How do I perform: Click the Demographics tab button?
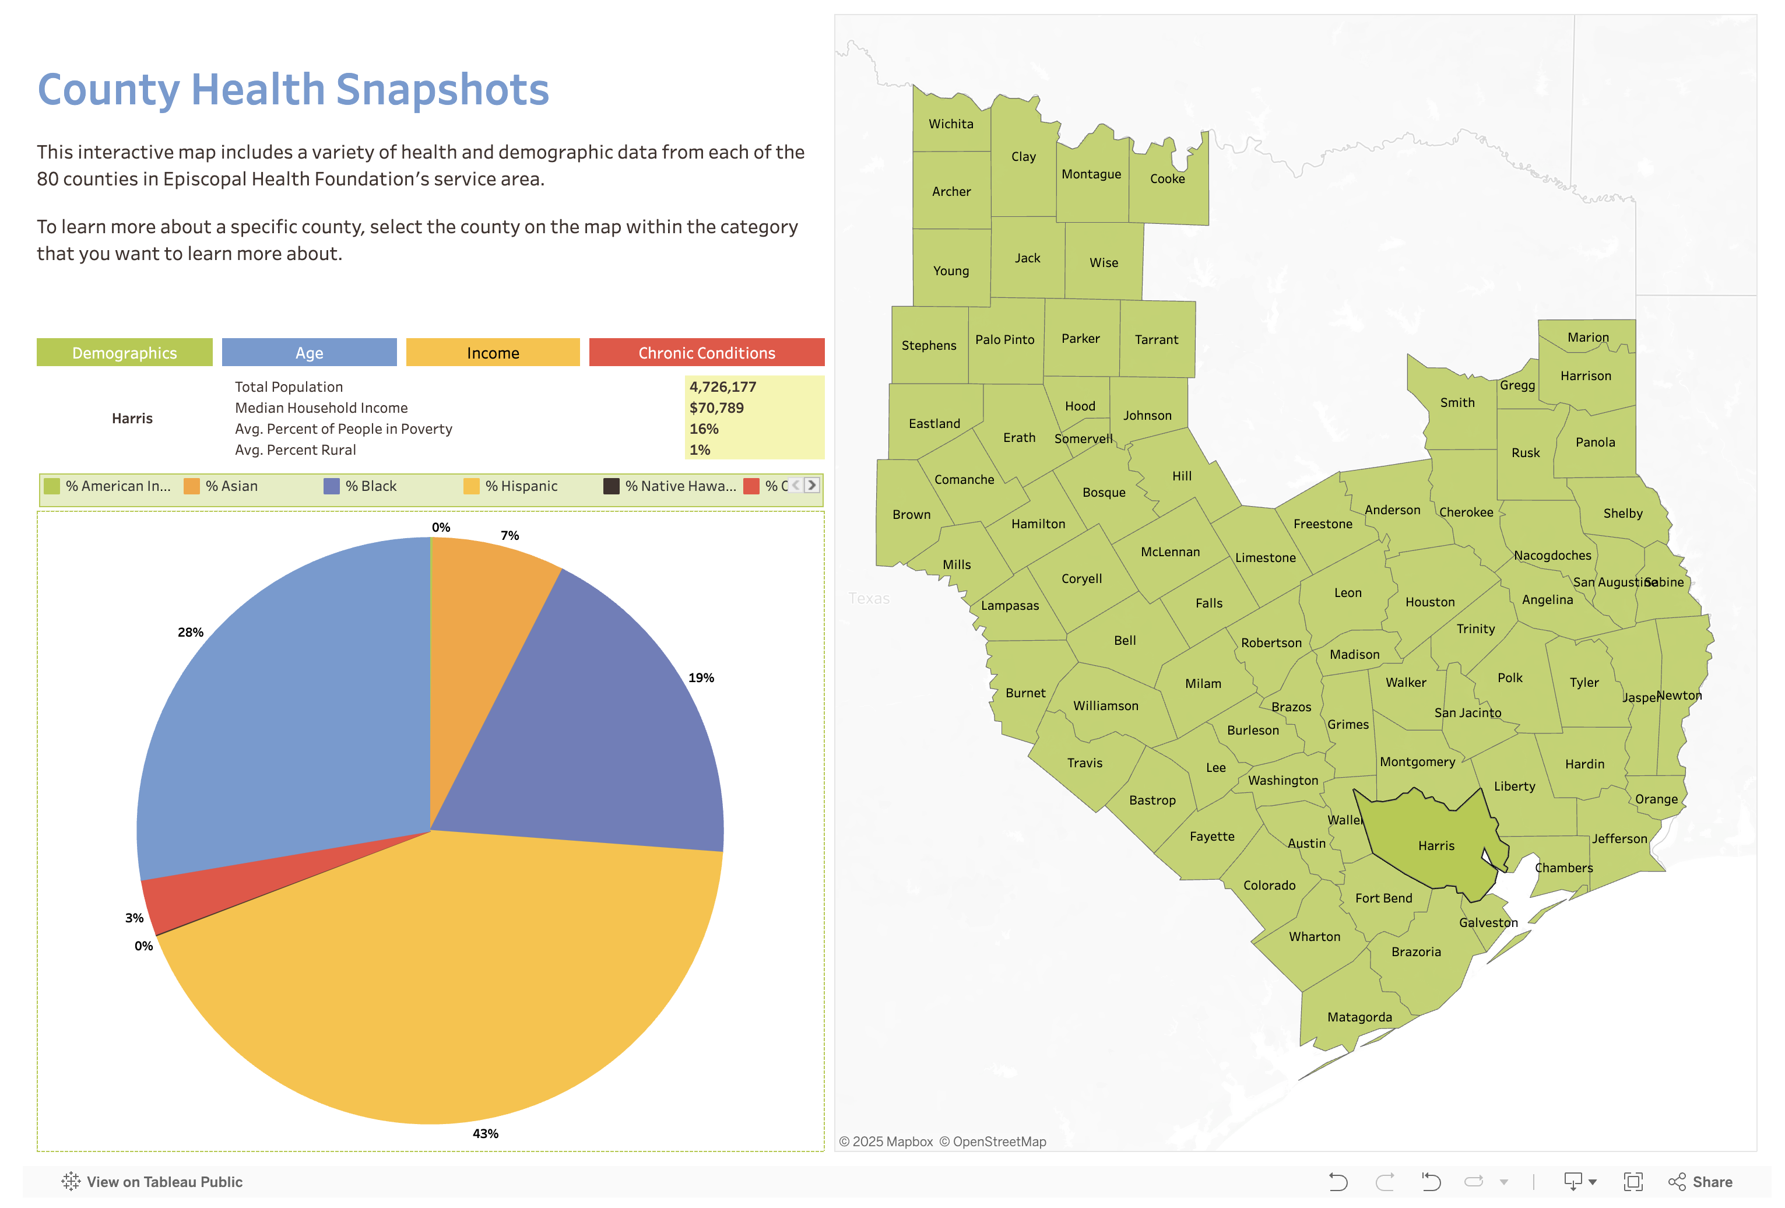point(124,353)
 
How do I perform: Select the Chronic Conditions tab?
point(706,353)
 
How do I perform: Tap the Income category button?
point(493,353)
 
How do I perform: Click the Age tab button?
point(309,353)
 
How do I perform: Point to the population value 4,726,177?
point(723,387)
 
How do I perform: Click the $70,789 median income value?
point(716,408)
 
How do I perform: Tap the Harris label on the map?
point(1436,845)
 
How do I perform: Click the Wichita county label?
point(951,124)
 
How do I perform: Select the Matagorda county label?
point(1359,1017)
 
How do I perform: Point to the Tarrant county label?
point(1156,339)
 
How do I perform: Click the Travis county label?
point(1084,763)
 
